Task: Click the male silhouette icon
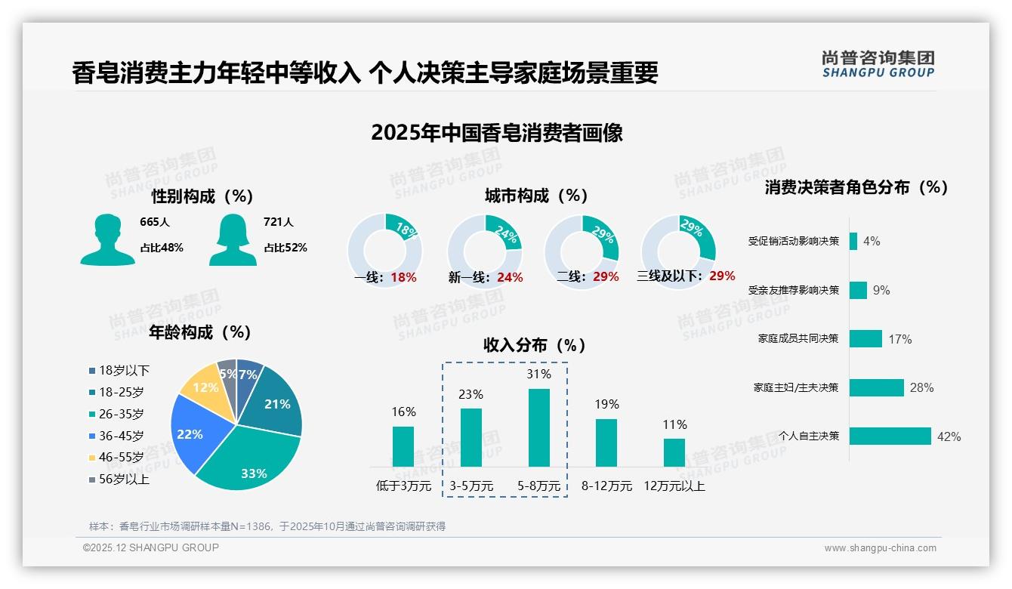pyautogui.click(x=108, y=239)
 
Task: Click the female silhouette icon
pyautogui.click(x=233, y=239)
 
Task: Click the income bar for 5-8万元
pyautogui.click(x=539, y=427)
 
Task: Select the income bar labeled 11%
pyautogui.click(x=674, y=452)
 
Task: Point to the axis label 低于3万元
pyautogui.click(x=403, y=486)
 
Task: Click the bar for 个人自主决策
pyautogui.click(x=890, y=436)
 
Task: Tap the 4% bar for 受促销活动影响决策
pyautogui.click(x=853, y=241)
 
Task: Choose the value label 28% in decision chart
pyautogui.click(x=921, y=387)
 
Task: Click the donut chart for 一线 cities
pyautogui.click(x=384, y=251)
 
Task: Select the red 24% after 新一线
pyautogui.click(x=510, y=277)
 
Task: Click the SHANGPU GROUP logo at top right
pyautogui.click(x=878, y=63)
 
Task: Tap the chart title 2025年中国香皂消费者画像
pyautogui.click(x=497, y=133)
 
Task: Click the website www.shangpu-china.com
pyautogui.click(x=880, y=547)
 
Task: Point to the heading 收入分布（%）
pyautogui.click(x=535, y=345)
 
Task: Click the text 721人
pyautogui.click(x=279, y=222)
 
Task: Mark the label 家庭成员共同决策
pyautogui.click(x=798, y=338)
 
